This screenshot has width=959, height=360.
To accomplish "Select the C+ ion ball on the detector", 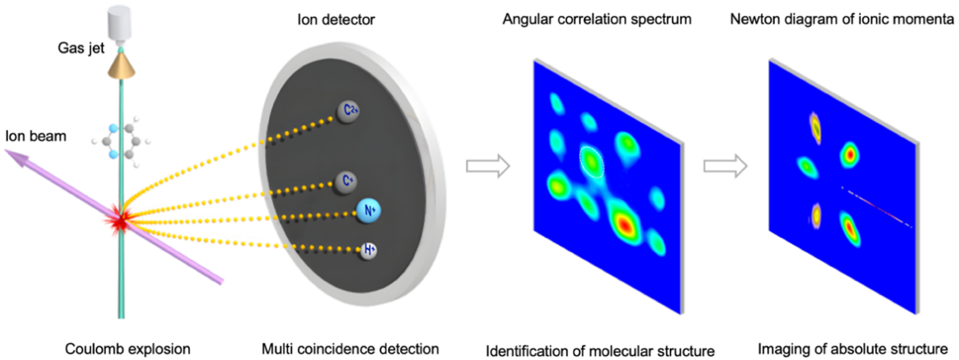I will click(x=348, y=182).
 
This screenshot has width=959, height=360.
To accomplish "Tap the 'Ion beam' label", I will click(x=33, y=135).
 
